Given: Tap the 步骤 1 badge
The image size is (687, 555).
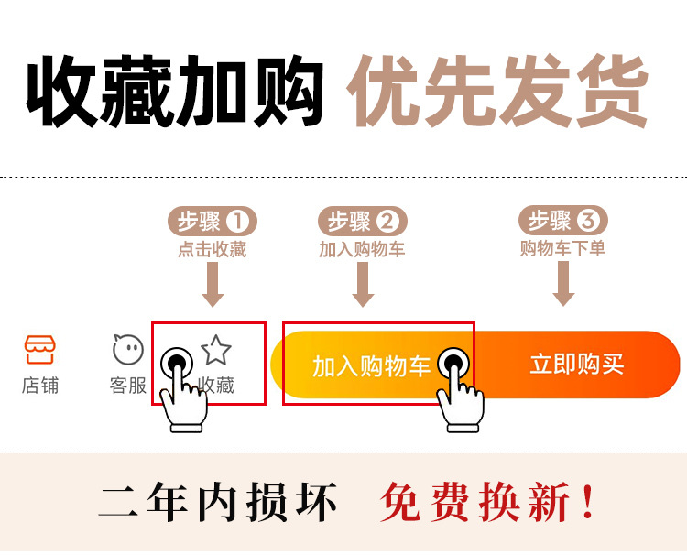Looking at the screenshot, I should pyautogui.click(x=213, y=222).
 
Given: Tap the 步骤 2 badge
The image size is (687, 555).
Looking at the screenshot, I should pyautogui.click(x=363, y=222).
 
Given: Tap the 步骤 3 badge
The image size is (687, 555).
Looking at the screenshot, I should pyautogui.click(x=564, y=221).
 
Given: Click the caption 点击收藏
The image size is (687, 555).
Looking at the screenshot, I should pyautogui.click(x=213, y=249).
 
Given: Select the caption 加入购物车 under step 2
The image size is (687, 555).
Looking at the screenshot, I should pyautogui.click(x=362, y=249).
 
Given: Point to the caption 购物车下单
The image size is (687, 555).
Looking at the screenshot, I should pyautogui.click(x=563, y=248).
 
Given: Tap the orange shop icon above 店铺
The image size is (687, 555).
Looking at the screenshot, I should pyautogui.click(x=39, y=349).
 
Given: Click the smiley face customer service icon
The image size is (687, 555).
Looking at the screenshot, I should pyautogui.click(x=128, y=349).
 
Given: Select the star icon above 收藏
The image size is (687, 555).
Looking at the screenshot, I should pyautogui.click(x=217, y=350).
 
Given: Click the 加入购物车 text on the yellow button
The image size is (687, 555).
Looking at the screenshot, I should pyautogui.click(x=371, y=366).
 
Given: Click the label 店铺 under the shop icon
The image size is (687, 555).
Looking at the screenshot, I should pyautogui.click(x=39, y=386).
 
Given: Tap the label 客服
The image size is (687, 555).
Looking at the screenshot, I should pyautogui.click(x=128, y=386).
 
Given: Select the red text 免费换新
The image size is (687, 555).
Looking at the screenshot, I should pyautogui.click(x=488, y=503).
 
